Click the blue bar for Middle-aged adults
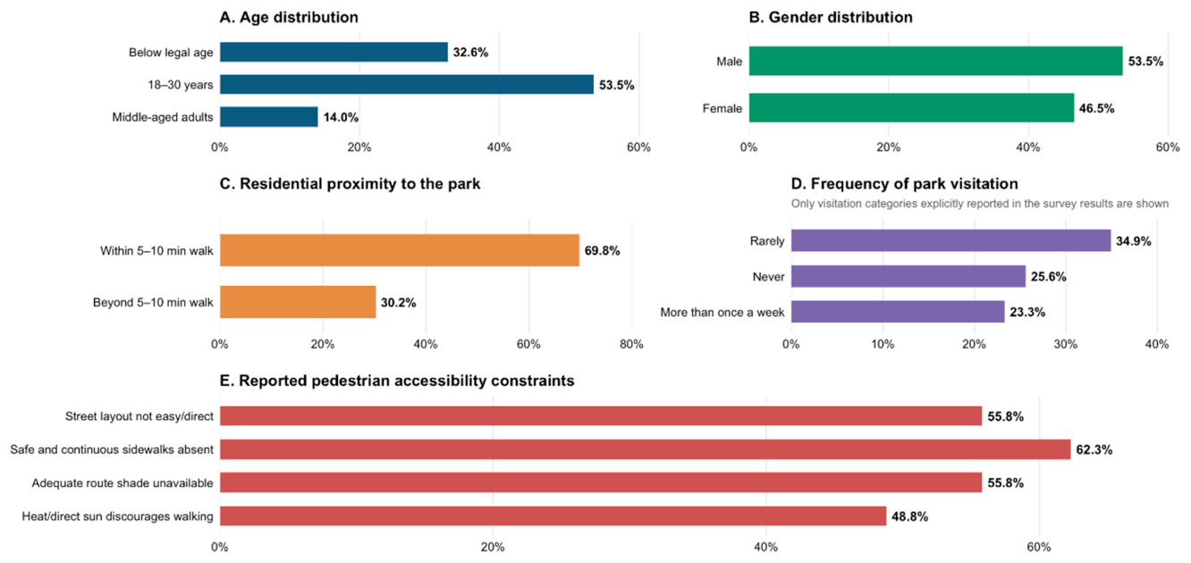click(x=268, y=117)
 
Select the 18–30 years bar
click(x=407, y=85)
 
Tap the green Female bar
click(x=911, y=108)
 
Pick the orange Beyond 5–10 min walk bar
click(x=298, y=302)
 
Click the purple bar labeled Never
click(x=908, y=276)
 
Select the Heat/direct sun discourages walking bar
click(x=553, y=517)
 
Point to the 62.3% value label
click(x=1094, y=450)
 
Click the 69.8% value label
click(x=603, y=250)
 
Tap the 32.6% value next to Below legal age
click(x=470, y=52)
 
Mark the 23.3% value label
click(x=1027, y=312)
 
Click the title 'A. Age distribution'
click(x=289, y=18)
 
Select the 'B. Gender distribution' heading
click(x=831, y=18)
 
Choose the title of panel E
click(x=397, y=381)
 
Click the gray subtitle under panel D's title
click(x=979, y=204)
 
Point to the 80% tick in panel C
click(x=631, y=344)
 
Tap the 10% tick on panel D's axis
click(x=883, y=344)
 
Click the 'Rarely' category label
click(x=767, y=240)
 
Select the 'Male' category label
click(x=729, y=62)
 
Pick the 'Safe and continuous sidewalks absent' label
click(x=112, y=450)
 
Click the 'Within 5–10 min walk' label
click(x=156, y=250)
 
